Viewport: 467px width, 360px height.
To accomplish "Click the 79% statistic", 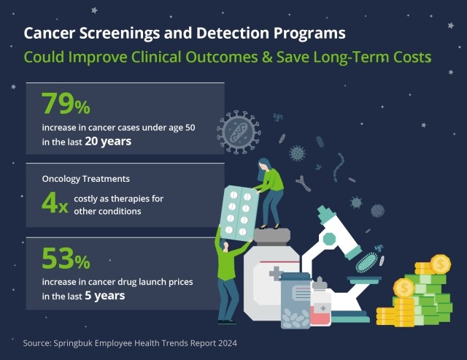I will (x=66, y=104).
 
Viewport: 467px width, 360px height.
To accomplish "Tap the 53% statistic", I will (x=66, y=259).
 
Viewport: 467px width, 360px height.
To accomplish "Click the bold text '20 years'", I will (x=109, y=142).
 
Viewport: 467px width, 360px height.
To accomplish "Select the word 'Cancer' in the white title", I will (x=50, y=34).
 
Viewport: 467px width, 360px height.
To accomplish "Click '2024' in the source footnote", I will (x=226, y=342).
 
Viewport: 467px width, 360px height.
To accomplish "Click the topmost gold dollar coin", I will (x=441, y=264).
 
